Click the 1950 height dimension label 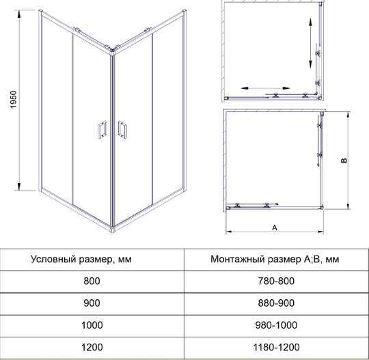click(x=14, y=100)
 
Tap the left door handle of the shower click(x=102, y=130)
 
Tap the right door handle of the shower click(x=122, y=130)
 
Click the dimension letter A click(x=275, y=227)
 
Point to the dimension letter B click(x=344, y=161)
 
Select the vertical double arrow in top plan click(x=310, y=43)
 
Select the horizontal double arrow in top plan click(x=265, y=88)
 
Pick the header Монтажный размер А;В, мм click(x=275, y=260)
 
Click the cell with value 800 click(x=92, y=281)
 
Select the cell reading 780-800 click(x=276, y=281)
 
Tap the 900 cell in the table click(x=92, y=303)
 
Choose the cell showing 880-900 click(x=276, y=303)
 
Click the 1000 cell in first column click(x=92, y=325)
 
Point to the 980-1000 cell click(x=276, y=325)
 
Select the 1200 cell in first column click(x=92, y=347)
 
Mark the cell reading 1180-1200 click(x=276, y=347)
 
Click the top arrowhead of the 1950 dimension click(x=19, y=14)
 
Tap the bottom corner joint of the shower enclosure click(x=112, y=230)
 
